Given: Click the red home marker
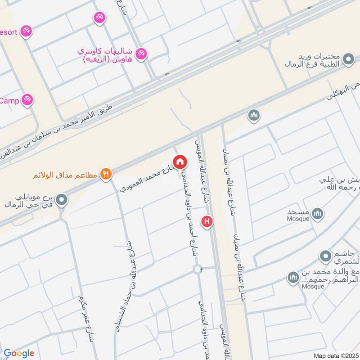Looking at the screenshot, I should coord(180,162).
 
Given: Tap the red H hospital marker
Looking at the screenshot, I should coord(207,221).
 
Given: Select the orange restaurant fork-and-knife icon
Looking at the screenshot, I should coord(106,174).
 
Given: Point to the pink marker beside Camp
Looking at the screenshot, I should coord(27,100).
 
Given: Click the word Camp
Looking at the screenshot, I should coord(9,100).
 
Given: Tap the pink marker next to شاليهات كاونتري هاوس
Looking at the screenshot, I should coord(142,53).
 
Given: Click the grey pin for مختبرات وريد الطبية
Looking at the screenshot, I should coord(347,58).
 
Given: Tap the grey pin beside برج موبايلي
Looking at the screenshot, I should coord(62,200).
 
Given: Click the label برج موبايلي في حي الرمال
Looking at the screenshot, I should coord(30,201).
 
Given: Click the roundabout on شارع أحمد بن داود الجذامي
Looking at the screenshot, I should coord(198,269).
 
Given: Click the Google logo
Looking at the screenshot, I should coord(18,353).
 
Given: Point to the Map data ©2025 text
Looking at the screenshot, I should coord(335,355).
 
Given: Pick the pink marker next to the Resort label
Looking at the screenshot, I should coord(27,31).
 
